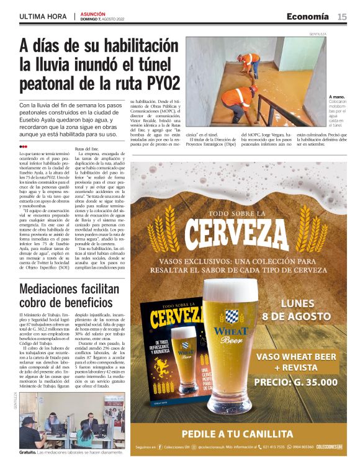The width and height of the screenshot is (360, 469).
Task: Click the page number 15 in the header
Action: [342, 16]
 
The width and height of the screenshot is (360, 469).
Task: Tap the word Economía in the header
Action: [307, 16]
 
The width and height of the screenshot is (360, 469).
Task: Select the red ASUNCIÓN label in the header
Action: [92, 13]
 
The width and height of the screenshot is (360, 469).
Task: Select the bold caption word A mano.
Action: [336, 97]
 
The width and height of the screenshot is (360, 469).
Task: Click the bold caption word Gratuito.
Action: [27, 452]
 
